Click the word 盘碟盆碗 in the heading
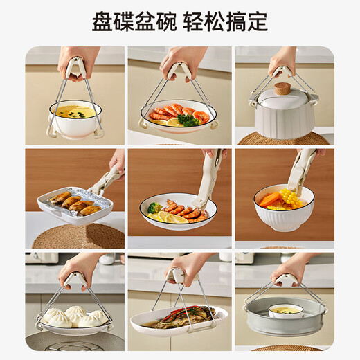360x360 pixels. click(x=134, y=21)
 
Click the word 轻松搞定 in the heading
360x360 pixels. click(x=226, y=21)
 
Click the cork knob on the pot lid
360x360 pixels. click(x=282, y=89)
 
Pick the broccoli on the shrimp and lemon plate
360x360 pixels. click(x=155, y=207)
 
